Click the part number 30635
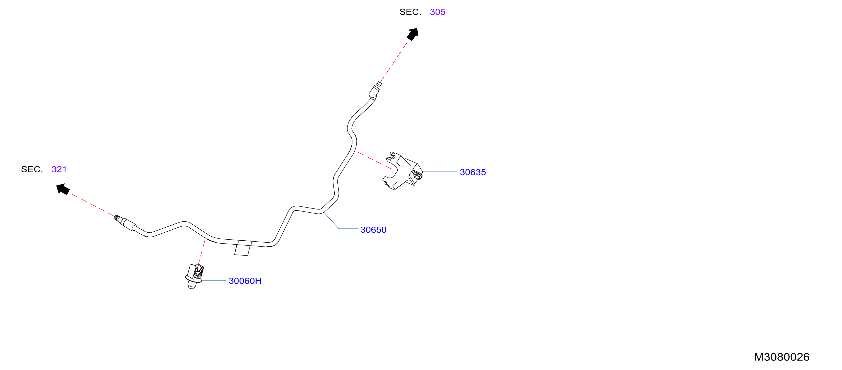coord(473,172)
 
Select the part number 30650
coord(373,230)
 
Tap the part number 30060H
coord(245,281)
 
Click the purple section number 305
coord(437,12)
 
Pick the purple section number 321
coord(59,169)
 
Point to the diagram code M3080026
coord(782,357)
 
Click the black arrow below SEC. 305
coord(413,34)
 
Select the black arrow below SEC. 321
coord(63,189)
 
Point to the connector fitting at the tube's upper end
coord(375,90)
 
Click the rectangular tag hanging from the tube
coord(242,250)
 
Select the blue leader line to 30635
coord(440,172)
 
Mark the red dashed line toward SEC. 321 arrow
coord(93,205)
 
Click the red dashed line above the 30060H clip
coord(202,252)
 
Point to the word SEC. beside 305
coord(410,12)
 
